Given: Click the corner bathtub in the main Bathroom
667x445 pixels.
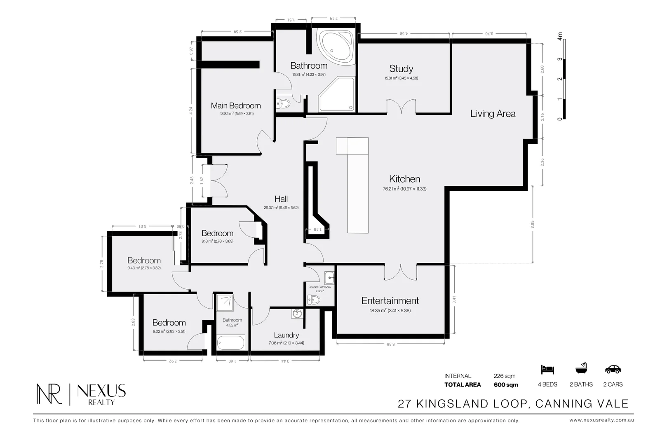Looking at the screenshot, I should click(336, 45).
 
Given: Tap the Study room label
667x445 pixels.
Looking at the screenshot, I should click(401, 69).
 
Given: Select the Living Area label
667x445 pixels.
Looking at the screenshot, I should click(493, 114).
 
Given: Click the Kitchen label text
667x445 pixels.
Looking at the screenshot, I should click(404, 179).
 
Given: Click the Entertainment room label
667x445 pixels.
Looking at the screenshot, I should click(390, 301).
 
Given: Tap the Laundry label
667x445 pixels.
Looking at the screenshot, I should click(286, 335).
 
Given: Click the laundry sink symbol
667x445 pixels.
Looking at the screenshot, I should click(297, 314).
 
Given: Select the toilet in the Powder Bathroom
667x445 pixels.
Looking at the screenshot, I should click(314, 300).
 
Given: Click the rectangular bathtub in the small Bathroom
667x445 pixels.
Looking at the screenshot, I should click(231, 342).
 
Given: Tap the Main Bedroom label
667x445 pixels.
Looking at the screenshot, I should click(236, 106).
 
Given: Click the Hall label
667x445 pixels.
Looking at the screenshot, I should click(281, 199).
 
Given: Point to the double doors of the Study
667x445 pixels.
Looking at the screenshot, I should click(401, 106).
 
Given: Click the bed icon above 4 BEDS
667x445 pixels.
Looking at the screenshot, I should click(547, 369).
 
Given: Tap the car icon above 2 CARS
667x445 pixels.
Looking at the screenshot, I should click(613, 369).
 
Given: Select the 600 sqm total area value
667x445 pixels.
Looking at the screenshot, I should click(506, 385).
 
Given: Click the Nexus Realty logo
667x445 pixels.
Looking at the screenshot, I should click(81, 394).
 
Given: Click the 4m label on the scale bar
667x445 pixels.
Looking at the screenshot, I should click(560, 36).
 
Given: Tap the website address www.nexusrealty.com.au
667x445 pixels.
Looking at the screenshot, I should click(601, 420).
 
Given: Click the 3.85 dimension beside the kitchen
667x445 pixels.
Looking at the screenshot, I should click(533, 225).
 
